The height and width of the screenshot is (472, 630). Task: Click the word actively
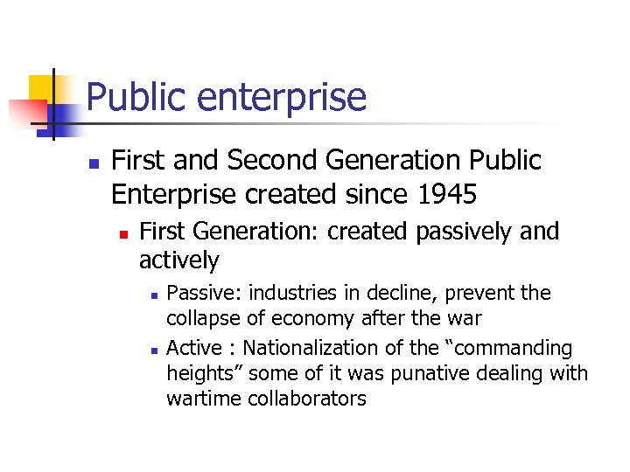[x=178, y=260]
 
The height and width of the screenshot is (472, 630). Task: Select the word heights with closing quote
[x=203, y=374]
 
